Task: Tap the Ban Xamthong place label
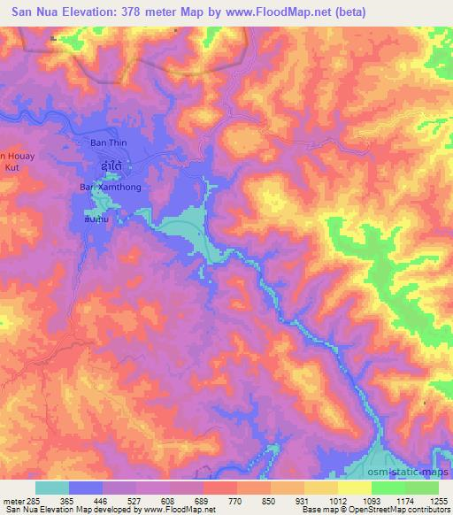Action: click(x=111, y=188)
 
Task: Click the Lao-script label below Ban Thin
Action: click(x=111, y=165)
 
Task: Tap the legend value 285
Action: click(x=33, y=500)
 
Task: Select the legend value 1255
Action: click(x=439, y=500)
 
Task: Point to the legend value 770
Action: click(x=236, y=500)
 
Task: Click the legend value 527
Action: click(x=134, y=500)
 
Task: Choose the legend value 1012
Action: click(x=337, y=500)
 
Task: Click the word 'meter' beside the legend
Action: click(x=12, y=500)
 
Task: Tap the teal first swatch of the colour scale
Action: click(x=52, y=488)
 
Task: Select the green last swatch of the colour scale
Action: click(x=422, y=488)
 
